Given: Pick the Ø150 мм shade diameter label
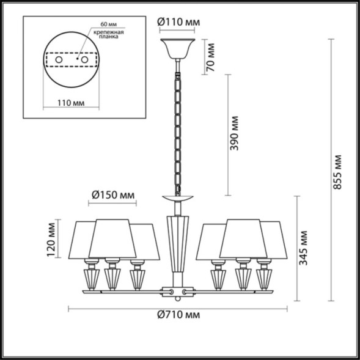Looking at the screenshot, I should [112, 194].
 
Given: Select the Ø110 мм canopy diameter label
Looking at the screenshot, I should [179, 22].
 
